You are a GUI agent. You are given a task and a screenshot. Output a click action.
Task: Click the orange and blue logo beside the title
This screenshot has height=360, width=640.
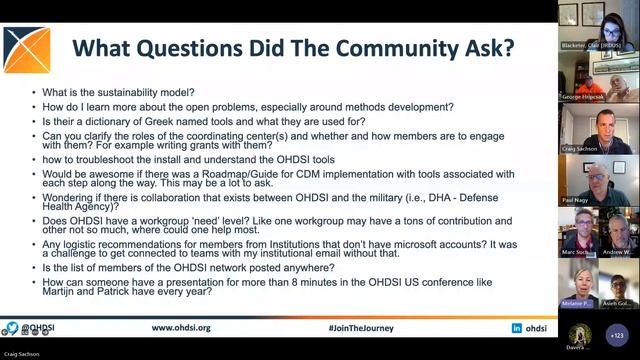pos(27,49)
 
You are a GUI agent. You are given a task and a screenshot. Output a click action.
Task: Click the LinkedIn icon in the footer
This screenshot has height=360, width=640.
pos(517,328)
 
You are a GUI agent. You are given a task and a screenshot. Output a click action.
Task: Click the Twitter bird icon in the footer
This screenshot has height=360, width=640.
pos(13,328)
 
